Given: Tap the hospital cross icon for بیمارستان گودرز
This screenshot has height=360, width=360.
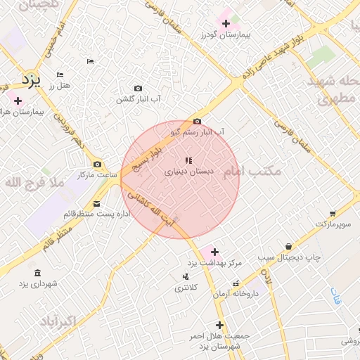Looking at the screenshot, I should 226,24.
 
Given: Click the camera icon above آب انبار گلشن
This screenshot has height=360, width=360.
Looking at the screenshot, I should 139,89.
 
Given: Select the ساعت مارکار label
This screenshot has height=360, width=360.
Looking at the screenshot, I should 96,174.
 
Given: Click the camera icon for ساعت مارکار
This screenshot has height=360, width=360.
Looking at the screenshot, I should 97,164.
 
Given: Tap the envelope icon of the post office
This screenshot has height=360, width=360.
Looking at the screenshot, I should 97,203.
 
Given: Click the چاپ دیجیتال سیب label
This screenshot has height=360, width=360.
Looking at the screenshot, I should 288,257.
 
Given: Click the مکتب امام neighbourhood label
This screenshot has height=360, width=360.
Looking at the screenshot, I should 252,171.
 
